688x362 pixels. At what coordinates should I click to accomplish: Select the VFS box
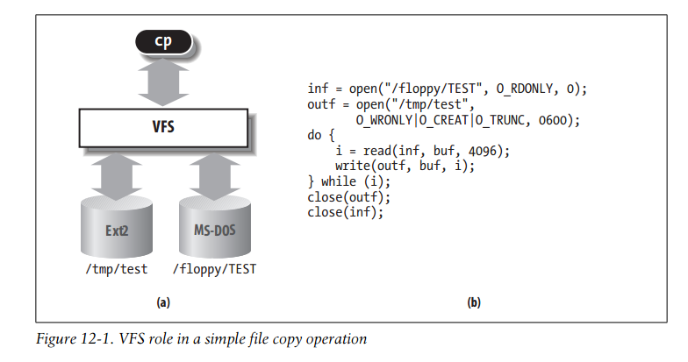click(162, 126)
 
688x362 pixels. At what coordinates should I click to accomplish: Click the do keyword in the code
click(315, 136)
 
